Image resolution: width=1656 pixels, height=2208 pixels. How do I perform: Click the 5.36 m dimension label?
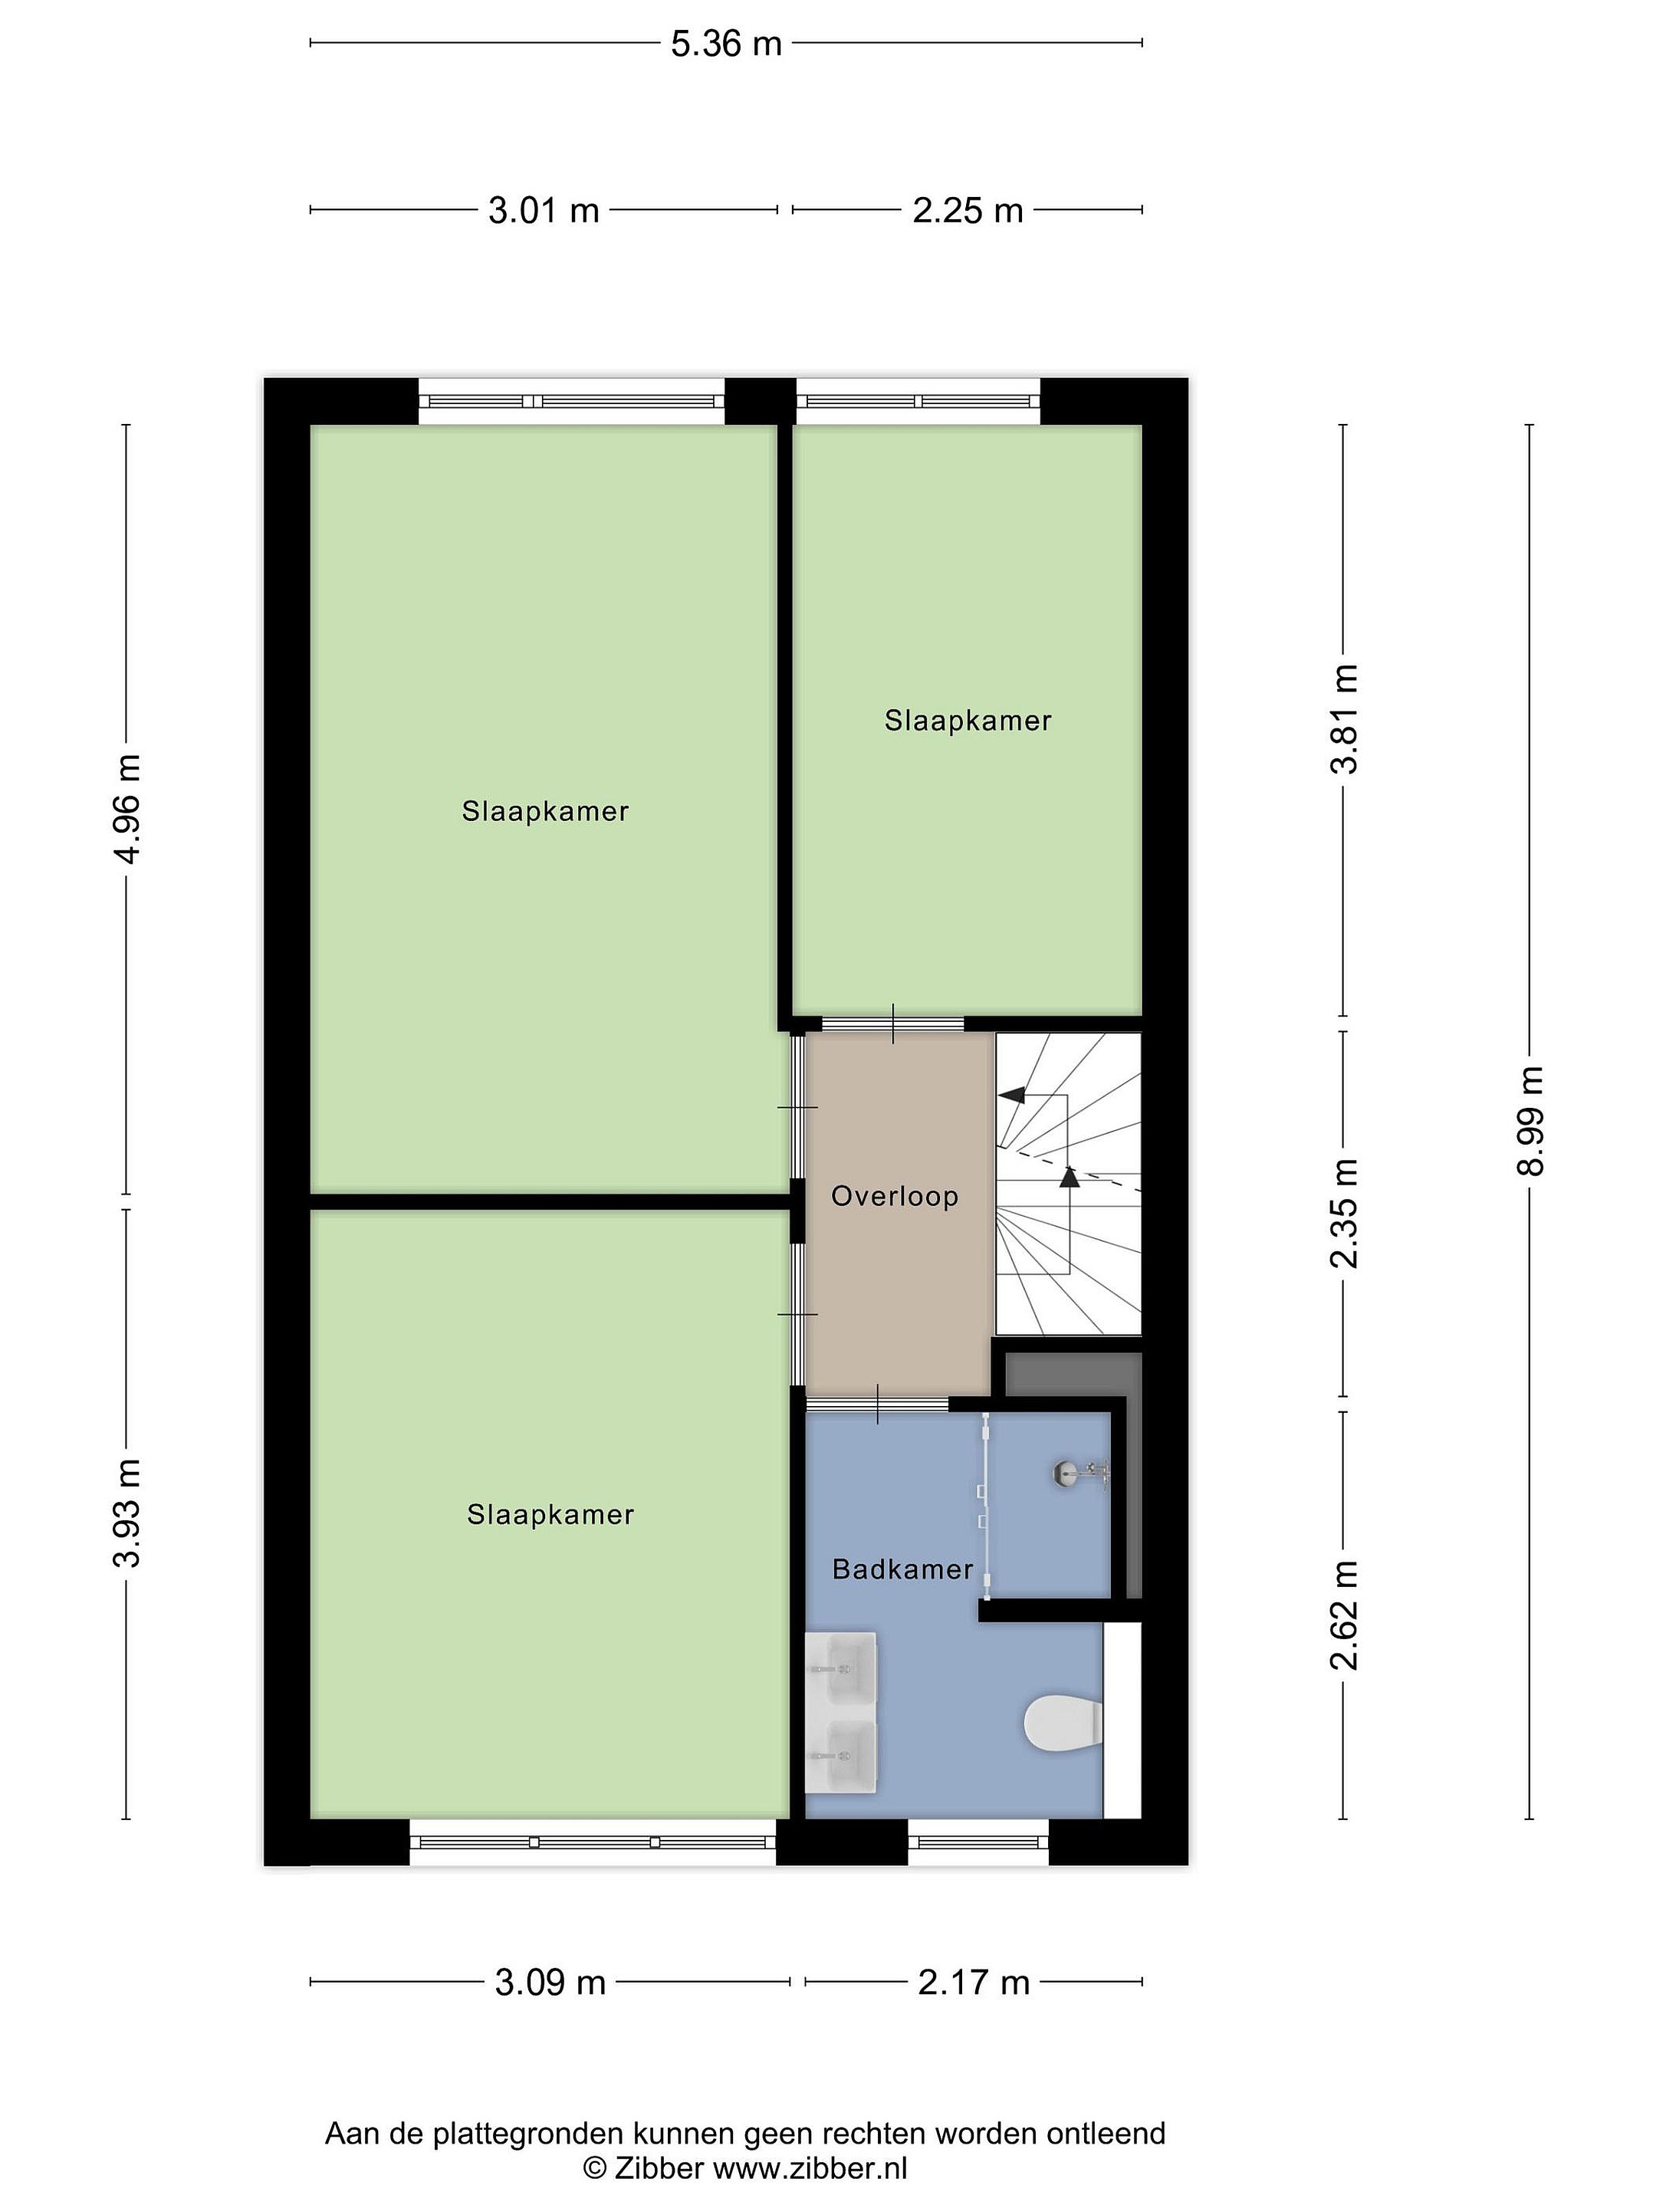(x=726, y=44)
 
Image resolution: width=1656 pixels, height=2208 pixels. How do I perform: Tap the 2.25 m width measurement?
(x=968, y=211)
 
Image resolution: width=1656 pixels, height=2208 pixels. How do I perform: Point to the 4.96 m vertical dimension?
(x=127, y=809)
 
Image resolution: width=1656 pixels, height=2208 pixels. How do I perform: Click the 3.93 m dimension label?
(x=127, y=1513)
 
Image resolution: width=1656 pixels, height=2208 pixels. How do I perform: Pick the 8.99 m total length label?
(x=1530, y=1120)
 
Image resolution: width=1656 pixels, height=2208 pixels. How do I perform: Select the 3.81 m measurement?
(x=1345, y=718)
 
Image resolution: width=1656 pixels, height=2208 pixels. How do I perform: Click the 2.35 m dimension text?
(x=1345, y=1213)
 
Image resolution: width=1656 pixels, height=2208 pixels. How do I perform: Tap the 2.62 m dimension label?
(x=1345, y=1614)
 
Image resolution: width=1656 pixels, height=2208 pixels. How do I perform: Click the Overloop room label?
(x=895, y=1196)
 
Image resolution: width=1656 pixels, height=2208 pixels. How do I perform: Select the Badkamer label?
(x=902, y=1569)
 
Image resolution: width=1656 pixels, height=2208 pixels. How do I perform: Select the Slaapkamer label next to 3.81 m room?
(x=968, y=721)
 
